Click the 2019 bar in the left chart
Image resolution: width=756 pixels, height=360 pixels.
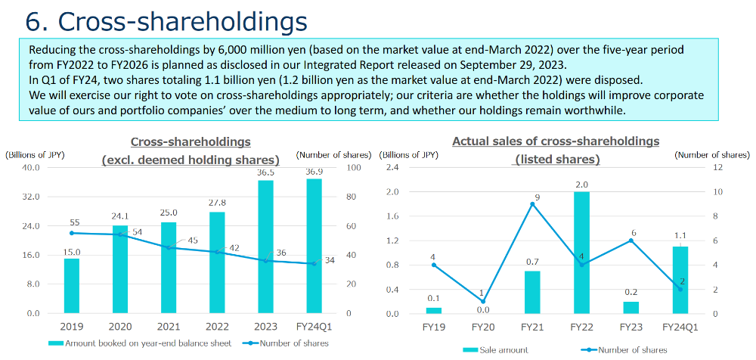point(71,286)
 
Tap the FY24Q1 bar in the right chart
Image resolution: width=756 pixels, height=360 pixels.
point(680,280)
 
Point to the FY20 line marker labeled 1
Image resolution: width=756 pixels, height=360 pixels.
point(482,302)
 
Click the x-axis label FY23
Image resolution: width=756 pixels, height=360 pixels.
point(631,327)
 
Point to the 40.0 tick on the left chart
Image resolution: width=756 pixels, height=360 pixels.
point(29,167)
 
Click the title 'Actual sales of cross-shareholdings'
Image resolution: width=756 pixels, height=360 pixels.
point(556,141)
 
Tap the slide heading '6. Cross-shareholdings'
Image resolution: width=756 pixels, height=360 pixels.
point(167,20)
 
